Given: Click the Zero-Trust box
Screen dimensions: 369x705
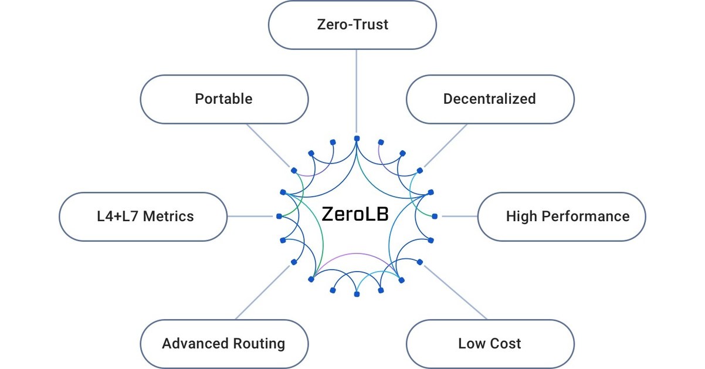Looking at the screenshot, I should [352, 25].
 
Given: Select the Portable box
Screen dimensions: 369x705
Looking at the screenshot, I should [224, 99].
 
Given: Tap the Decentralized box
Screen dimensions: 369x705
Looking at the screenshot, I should [489, 99].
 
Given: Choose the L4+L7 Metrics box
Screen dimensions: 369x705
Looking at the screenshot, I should [144, 216].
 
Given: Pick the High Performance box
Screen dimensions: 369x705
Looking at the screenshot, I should [561, 216].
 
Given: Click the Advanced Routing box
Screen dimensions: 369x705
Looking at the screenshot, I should [223, 344].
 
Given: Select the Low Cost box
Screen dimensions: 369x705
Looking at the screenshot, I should [489, 344].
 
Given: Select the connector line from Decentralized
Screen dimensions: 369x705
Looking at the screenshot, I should [445, 146].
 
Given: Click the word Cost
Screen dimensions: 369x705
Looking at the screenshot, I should [506, 344].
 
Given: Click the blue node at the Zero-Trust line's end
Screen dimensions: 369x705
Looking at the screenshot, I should [356, 138].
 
